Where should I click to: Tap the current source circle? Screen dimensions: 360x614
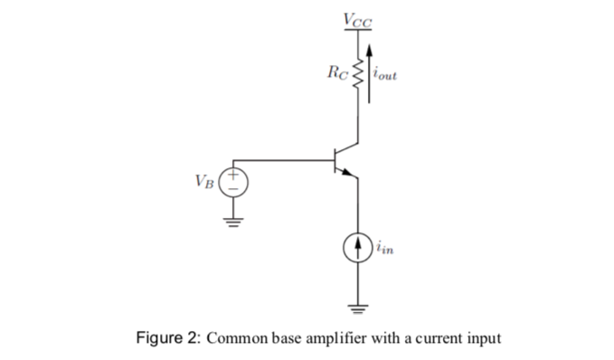coord(359,244)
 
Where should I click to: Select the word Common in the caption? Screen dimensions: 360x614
coord(236,339)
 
